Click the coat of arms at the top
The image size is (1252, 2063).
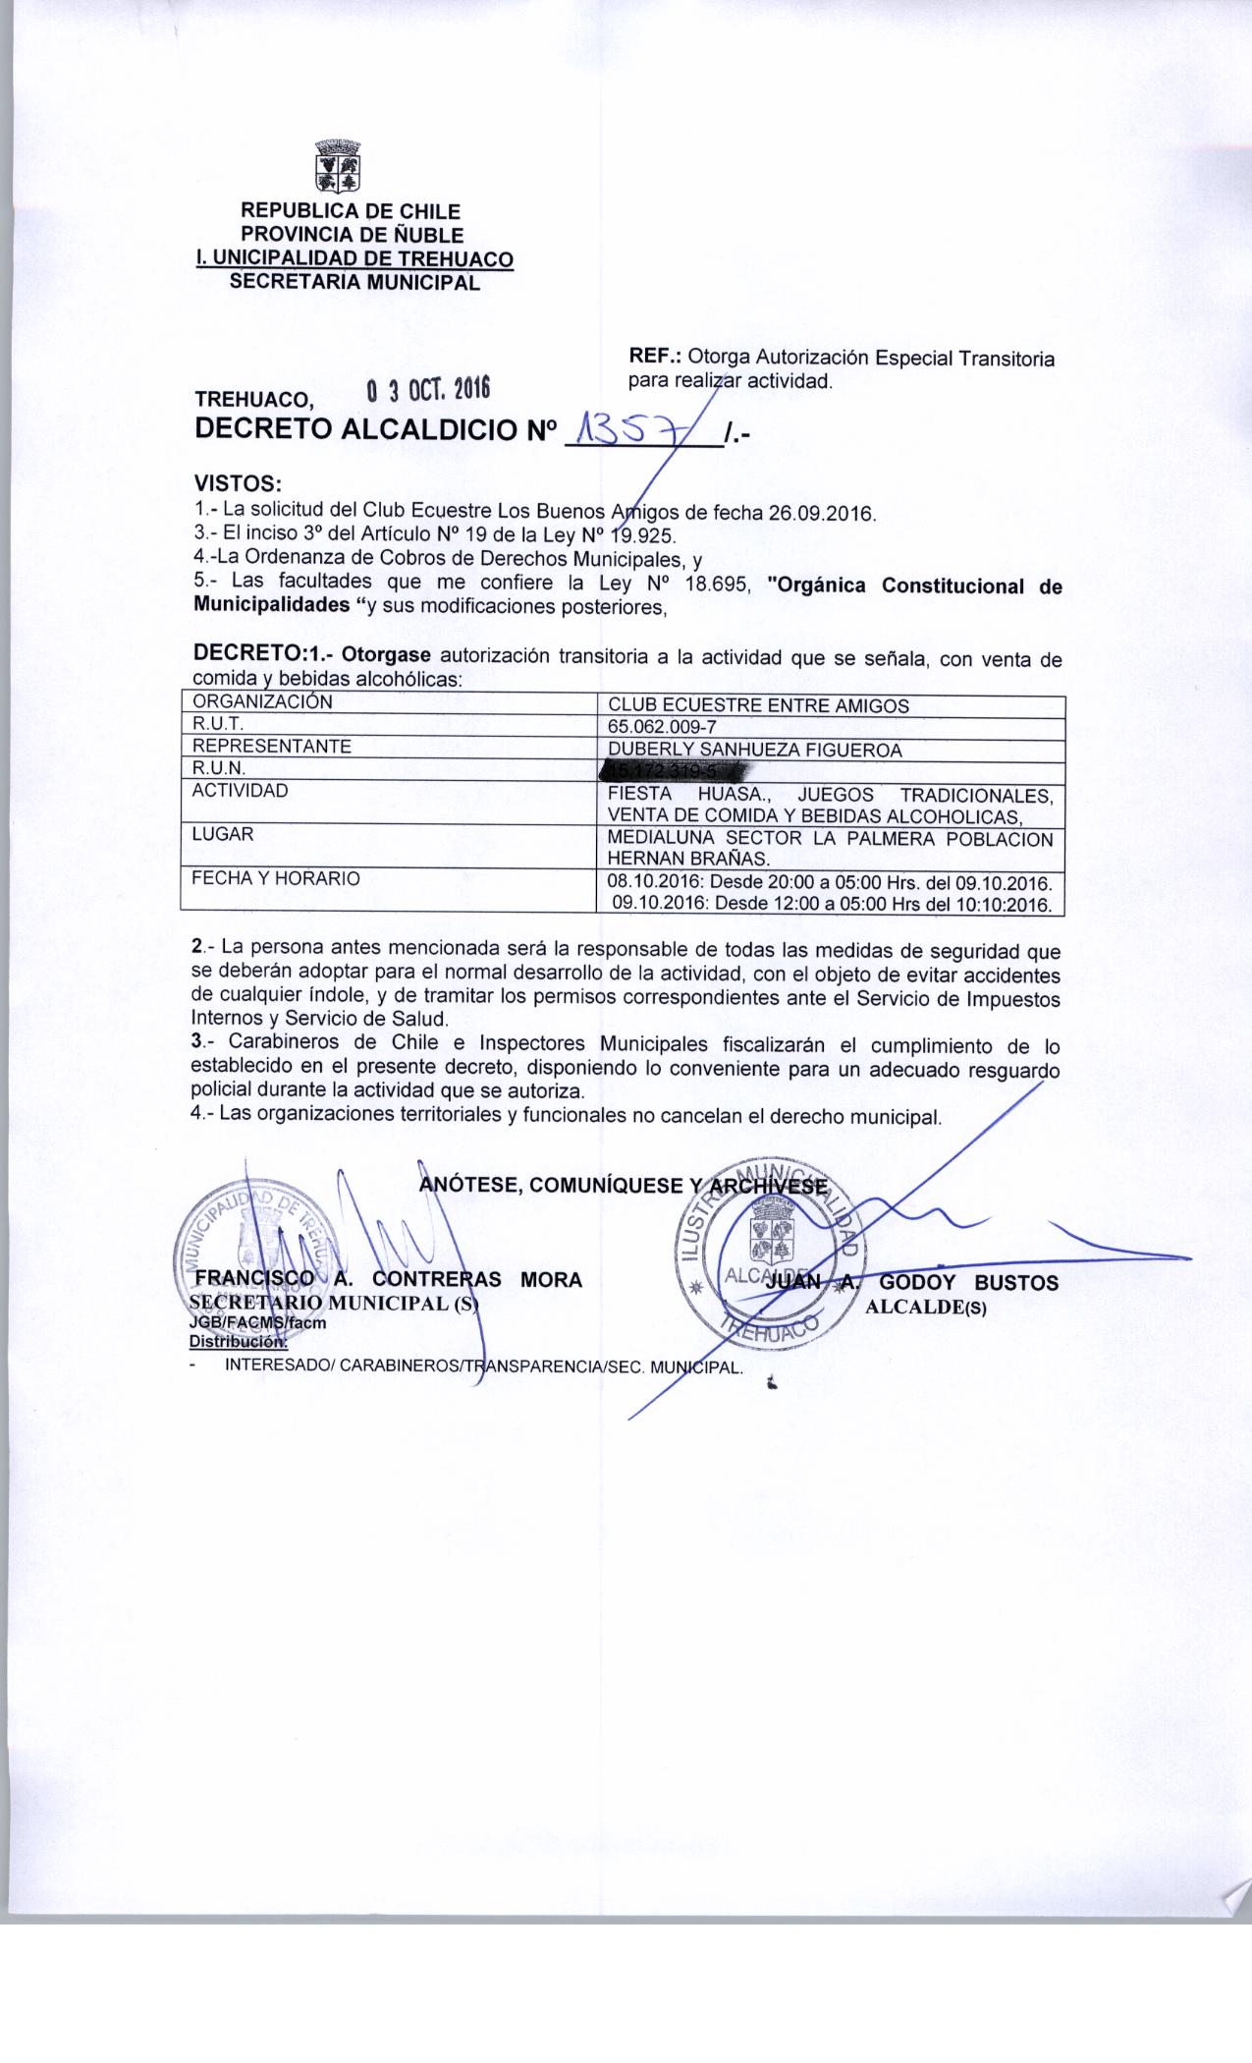coord(336,166)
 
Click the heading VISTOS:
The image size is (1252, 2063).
coord(239,484)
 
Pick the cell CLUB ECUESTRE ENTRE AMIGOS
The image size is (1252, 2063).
coord(758,705)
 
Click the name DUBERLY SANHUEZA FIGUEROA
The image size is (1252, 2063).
coord(755,751)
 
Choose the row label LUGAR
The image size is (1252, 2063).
coord(223,834)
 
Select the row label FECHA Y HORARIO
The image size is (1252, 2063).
coord(276,878)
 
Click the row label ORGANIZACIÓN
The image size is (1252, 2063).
coord(262,702)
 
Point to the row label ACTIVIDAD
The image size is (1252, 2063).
coord(241,791)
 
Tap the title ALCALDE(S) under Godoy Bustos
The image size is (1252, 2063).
coord(926,1308)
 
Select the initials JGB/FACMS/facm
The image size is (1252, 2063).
coord(257,1322)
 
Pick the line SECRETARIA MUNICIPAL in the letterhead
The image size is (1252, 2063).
coord(354,283)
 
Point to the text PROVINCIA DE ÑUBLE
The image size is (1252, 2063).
coord(352,235)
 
